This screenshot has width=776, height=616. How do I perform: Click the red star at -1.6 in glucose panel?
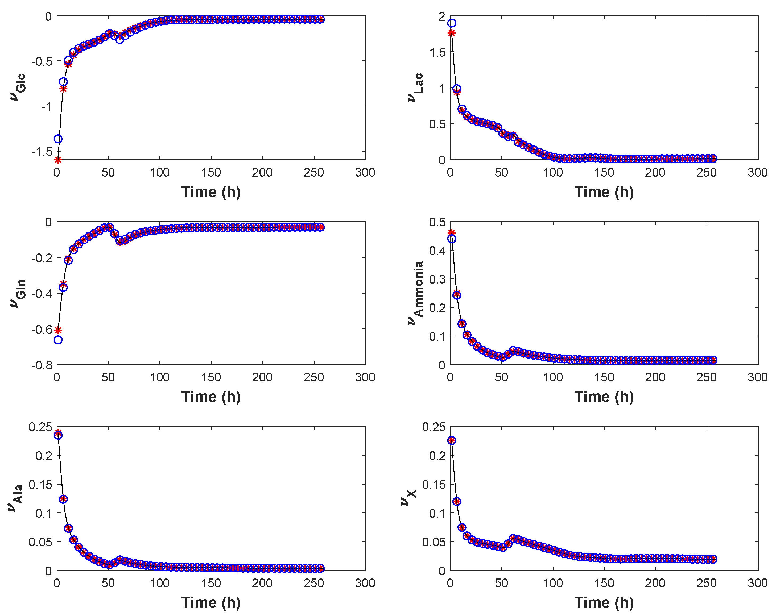pos(57,160)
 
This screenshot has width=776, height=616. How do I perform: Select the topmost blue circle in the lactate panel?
pos(451,23)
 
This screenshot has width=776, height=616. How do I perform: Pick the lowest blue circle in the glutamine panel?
pos(58,340)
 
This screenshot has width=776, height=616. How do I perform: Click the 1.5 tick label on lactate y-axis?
pos(437,52)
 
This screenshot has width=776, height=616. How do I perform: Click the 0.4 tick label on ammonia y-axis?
pos(437,251)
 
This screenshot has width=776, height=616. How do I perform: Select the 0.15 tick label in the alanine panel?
pos(40,484)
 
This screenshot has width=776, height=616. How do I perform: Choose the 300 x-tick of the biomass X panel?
pos(757,583)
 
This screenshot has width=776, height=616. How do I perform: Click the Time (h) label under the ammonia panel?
pos(604,397)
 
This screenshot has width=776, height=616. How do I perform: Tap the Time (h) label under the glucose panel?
pos(211,192)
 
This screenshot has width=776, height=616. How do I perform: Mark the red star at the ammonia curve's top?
pos(451,232)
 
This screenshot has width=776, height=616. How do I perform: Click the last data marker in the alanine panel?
pos(320,568)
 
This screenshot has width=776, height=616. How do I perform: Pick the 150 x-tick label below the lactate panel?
pos(604,173)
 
